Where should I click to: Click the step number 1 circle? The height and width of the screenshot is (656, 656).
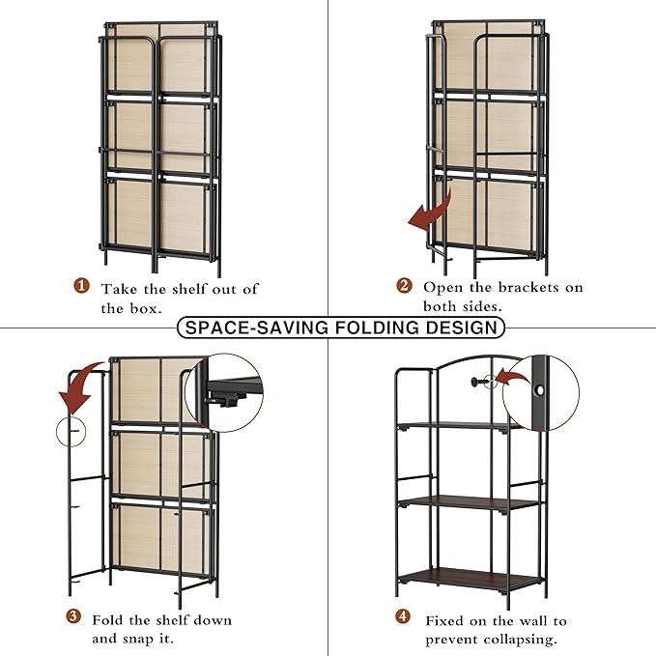(82, 287)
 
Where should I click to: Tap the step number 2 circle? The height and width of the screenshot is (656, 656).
(404, 286)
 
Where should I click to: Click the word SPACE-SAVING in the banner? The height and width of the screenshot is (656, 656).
(255, 328)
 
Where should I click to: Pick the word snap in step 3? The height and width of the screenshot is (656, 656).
(147, 640)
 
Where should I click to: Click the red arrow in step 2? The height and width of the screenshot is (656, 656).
(429, 211)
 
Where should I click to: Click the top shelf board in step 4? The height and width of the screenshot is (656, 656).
(453, 425)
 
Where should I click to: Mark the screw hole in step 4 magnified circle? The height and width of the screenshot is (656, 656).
(537, 391)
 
